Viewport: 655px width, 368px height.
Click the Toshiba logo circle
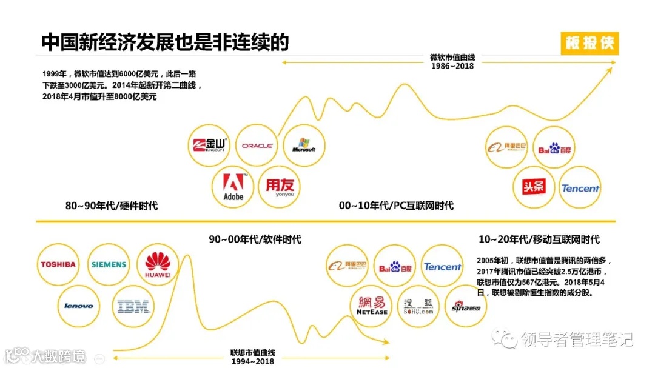pos(58,264)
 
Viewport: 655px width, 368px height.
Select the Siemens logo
pos(109,264)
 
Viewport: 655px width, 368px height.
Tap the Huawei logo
pos(158,265)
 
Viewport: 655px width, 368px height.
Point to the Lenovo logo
pos(79,306)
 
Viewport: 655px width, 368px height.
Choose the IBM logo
pos(133,307)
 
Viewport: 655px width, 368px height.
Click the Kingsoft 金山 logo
pos(209,145)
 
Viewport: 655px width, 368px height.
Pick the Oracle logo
pos(257,146)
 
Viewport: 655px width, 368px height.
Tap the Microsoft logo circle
pos(304,146)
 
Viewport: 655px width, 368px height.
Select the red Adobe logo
pos(233,187)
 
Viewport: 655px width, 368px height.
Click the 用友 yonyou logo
pos(279,187)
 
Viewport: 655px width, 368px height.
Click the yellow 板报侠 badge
pos(589,44)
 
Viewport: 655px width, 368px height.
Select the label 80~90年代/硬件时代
pos(112,206)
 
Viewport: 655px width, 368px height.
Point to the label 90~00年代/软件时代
pos(255,239)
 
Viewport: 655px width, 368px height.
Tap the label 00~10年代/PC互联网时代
pos(396,206)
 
